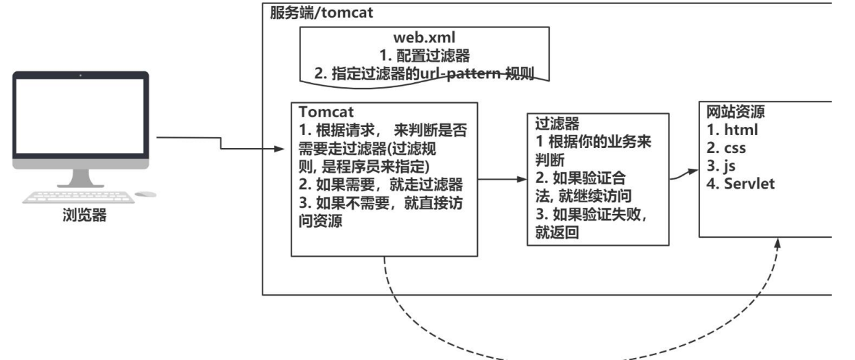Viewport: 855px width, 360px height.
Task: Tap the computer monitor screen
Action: [80, 117]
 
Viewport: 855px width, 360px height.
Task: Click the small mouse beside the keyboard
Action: [145, 195]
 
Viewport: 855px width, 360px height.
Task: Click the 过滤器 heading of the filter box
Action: [556, 124]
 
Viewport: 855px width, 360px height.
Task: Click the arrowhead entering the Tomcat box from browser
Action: [280, 149]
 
